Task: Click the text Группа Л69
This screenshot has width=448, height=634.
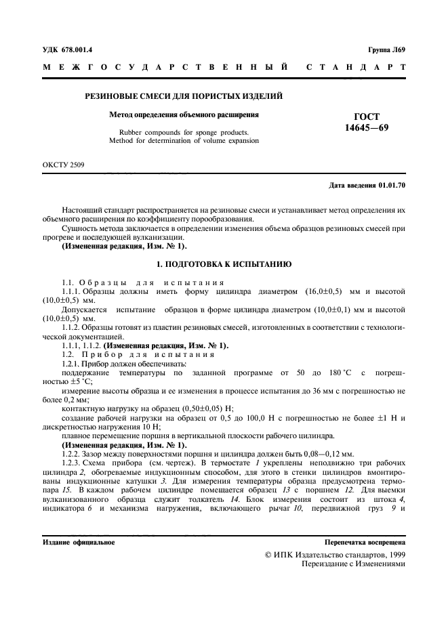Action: pos(386,49)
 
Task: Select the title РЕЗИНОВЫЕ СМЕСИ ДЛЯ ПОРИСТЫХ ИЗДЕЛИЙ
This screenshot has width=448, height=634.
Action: pos(183,97)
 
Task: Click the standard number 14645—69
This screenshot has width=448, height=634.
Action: pos(367,127)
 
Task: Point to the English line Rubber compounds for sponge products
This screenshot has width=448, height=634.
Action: pos(184,132)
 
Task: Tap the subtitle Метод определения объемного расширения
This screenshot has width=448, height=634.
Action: pos(184,114)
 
